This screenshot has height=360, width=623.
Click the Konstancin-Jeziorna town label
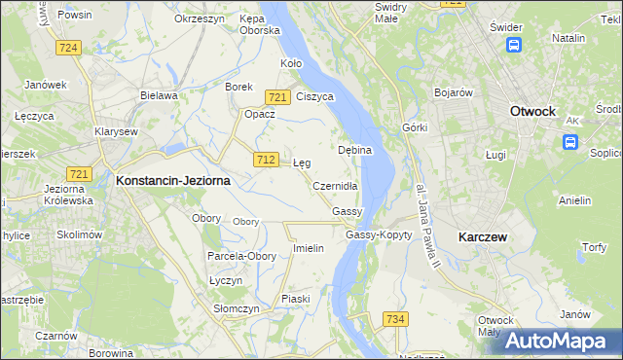[173, 180]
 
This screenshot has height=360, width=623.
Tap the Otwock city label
[532, 112]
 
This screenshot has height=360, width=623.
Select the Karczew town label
[484, 236]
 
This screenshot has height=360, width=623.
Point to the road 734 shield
[394, 319]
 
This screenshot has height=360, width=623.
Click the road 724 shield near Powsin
[67, 47]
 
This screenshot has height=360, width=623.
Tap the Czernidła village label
[336, 186]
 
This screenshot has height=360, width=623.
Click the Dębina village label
[356, 151]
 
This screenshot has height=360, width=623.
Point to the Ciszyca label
[315, 96]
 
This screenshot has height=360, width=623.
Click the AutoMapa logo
[558, 341]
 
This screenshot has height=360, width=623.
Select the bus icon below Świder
[513, 44]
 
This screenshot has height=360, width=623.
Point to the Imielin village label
[308, 248]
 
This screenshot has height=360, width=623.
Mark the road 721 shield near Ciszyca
[277, 96]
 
